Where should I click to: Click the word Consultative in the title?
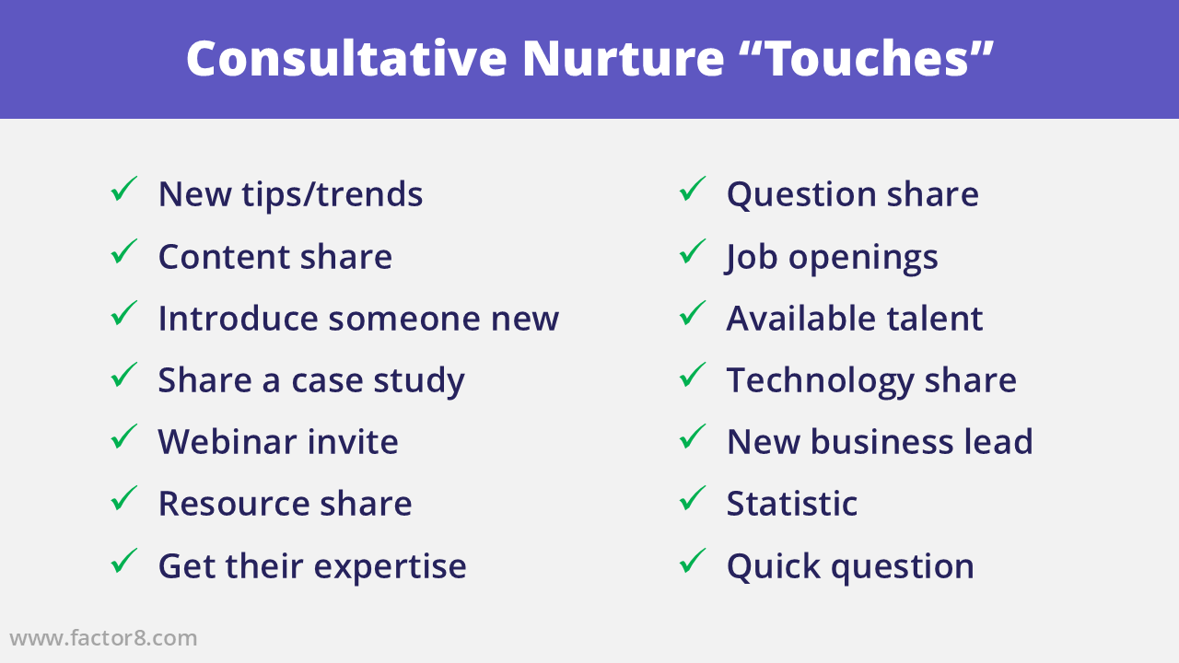346,58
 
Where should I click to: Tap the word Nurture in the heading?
624,58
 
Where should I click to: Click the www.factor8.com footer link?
103,638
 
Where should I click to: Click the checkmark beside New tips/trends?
123,189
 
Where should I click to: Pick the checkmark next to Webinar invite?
123,436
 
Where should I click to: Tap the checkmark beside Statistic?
692,498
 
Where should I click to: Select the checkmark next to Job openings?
692,251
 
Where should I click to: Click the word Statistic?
791,504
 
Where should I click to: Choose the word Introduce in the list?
238,319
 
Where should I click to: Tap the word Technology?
820,380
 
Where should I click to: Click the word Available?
801,319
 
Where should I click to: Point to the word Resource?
234,504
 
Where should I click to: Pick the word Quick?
774,565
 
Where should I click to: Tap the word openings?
863,259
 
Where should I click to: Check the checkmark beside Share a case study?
123,375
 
